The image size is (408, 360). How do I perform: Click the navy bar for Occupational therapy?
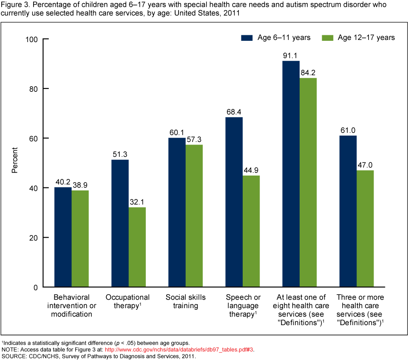pyautogui.click(x=120, y=223)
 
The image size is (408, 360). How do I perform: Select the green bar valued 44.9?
pyautogui.click(x=251, y=231)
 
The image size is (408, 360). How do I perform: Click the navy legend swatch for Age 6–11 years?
pyautogui.click(x=247, y=37)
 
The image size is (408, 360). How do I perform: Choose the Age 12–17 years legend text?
pyautogui.click(x=366, y=37)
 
